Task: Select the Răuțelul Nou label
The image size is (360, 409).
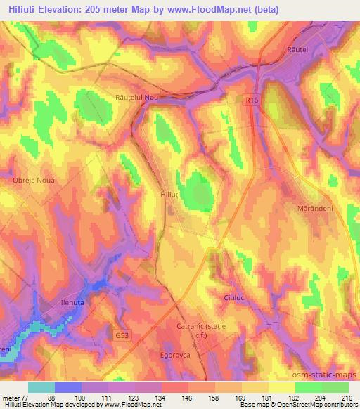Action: click(138, 98)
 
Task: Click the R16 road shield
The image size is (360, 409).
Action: click(252, 101)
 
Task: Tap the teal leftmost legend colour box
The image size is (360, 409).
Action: click(41, 387)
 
